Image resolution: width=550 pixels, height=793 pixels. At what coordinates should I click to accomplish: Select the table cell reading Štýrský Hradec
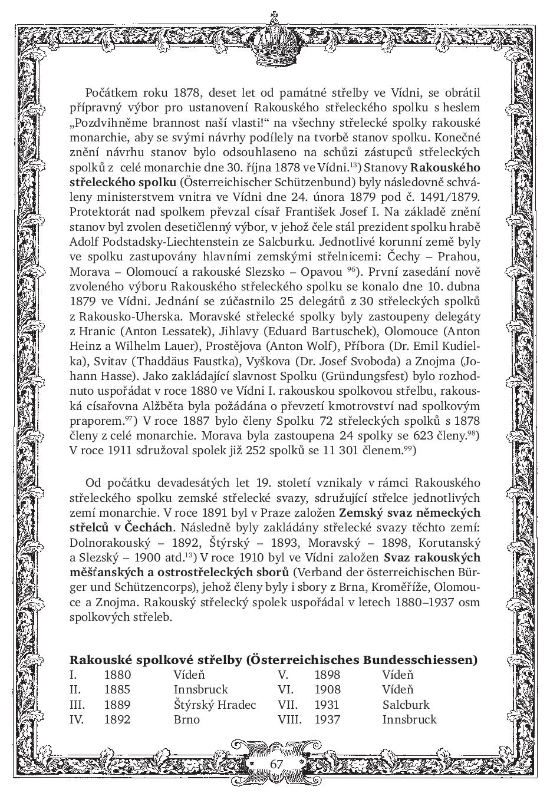(x=215, y=705)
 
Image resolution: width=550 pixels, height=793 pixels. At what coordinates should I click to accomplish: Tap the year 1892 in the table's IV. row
(x=117, y=719)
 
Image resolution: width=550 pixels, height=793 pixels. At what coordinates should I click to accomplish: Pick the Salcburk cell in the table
(x=406, y=705)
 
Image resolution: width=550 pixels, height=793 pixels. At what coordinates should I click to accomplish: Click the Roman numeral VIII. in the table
(x=289, y=719)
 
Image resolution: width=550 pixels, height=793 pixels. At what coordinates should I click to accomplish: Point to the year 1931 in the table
(x=327, y=705)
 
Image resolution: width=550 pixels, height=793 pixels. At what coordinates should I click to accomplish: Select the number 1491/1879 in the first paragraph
(x=450, y=197)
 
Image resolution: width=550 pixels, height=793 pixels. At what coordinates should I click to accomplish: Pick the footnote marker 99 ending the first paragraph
(x=409, y=449)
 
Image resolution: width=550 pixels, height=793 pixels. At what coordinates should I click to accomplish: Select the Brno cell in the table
(x=186, y=719)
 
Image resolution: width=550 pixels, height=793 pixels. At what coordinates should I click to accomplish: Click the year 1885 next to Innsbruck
(x=117, y=689)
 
